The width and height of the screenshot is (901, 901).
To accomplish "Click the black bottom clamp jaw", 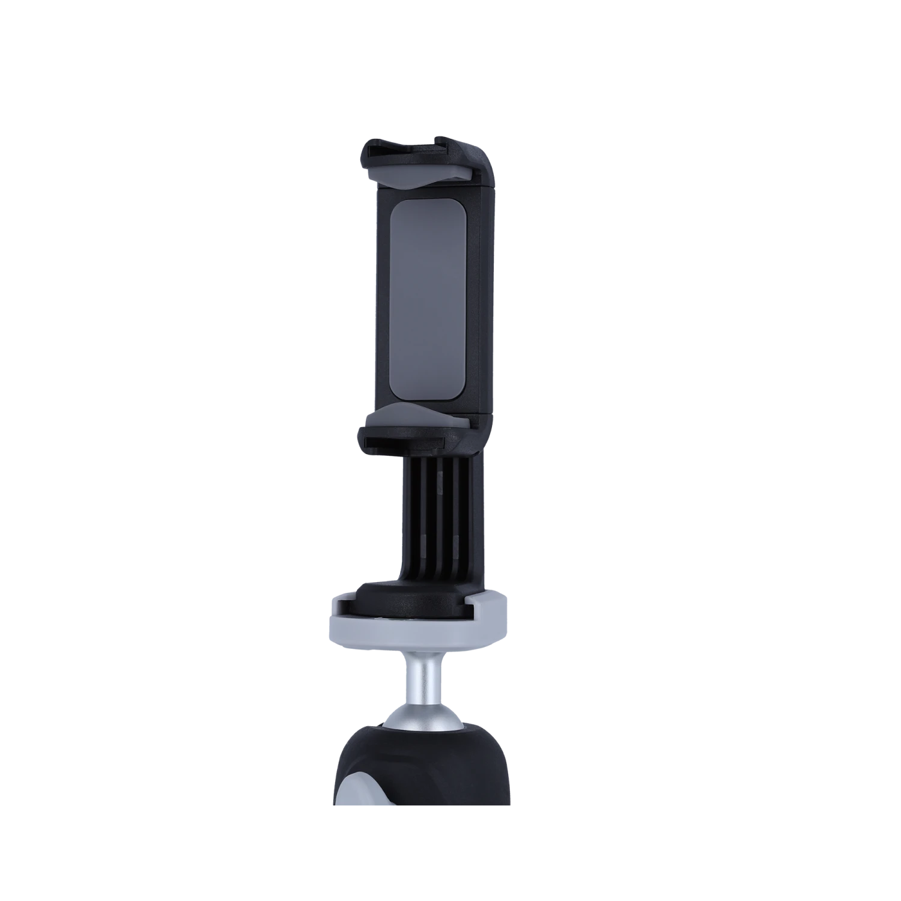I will pos(420,438).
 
